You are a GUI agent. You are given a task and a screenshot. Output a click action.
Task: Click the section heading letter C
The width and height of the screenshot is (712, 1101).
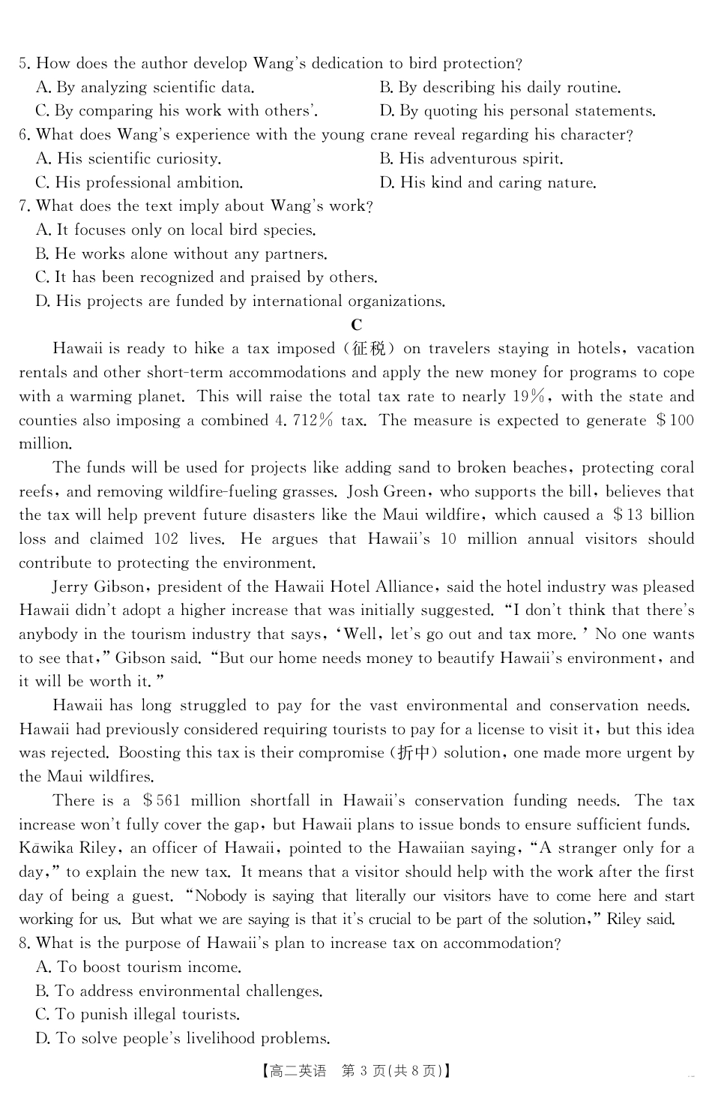point(356,325)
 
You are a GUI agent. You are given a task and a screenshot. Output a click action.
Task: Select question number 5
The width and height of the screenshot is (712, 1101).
point(24,64)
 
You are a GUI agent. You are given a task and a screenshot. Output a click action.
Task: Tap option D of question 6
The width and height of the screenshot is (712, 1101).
point(488,183)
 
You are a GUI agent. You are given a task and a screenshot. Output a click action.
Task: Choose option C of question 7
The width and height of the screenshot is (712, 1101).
point(206,277)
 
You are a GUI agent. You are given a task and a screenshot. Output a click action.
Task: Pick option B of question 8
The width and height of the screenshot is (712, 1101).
point(179,991)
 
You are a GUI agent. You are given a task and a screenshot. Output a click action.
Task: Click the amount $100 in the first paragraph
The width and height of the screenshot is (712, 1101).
point(675,420)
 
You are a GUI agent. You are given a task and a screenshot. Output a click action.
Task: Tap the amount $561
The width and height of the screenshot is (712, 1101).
point(161,801)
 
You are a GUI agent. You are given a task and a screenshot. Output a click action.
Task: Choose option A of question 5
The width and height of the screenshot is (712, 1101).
point(145,88)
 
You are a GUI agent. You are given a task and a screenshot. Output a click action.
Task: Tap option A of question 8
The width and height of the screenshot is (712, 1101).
point(139,967)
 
